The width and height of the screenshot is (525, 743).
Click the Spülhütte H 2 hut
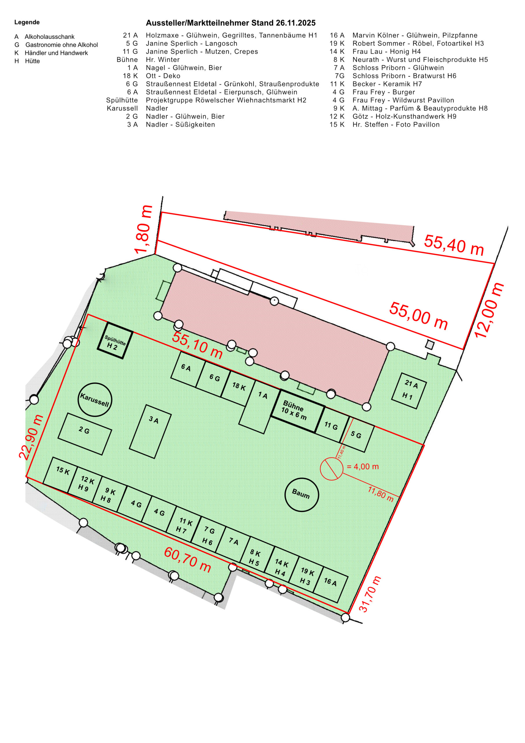tap(115, 340)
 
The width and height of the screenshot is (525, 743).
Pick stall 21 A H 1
tap(409, 391)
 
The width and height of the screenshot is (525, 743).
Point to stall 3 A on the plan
tap(150, 431)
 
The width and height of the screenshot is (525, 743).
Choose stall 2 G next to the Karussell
tap(85, 434)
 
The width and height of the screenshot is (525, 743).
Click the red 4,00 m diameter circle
tap(332, 468)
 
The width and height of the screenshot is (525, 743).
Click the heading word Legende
tap(27, 22)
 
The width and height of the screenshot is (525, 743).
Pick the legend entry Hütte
tap(32, 61)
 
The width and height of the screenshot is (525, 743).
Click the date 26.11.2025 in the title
tap(296, 23)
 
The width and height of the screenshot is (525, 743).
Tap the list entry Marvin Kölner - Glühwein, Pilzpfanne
tap(415, 35)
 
